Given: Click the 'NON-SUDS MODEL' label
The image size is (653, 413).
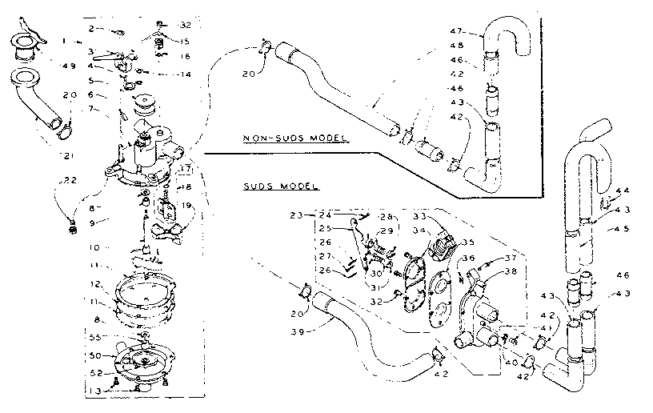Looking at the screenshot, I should pos(295,138).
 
